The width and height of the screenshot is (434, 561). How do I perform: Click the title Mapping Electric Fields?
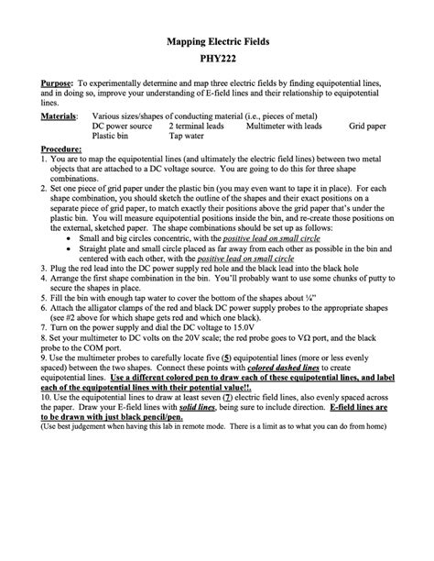[217, 42]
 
